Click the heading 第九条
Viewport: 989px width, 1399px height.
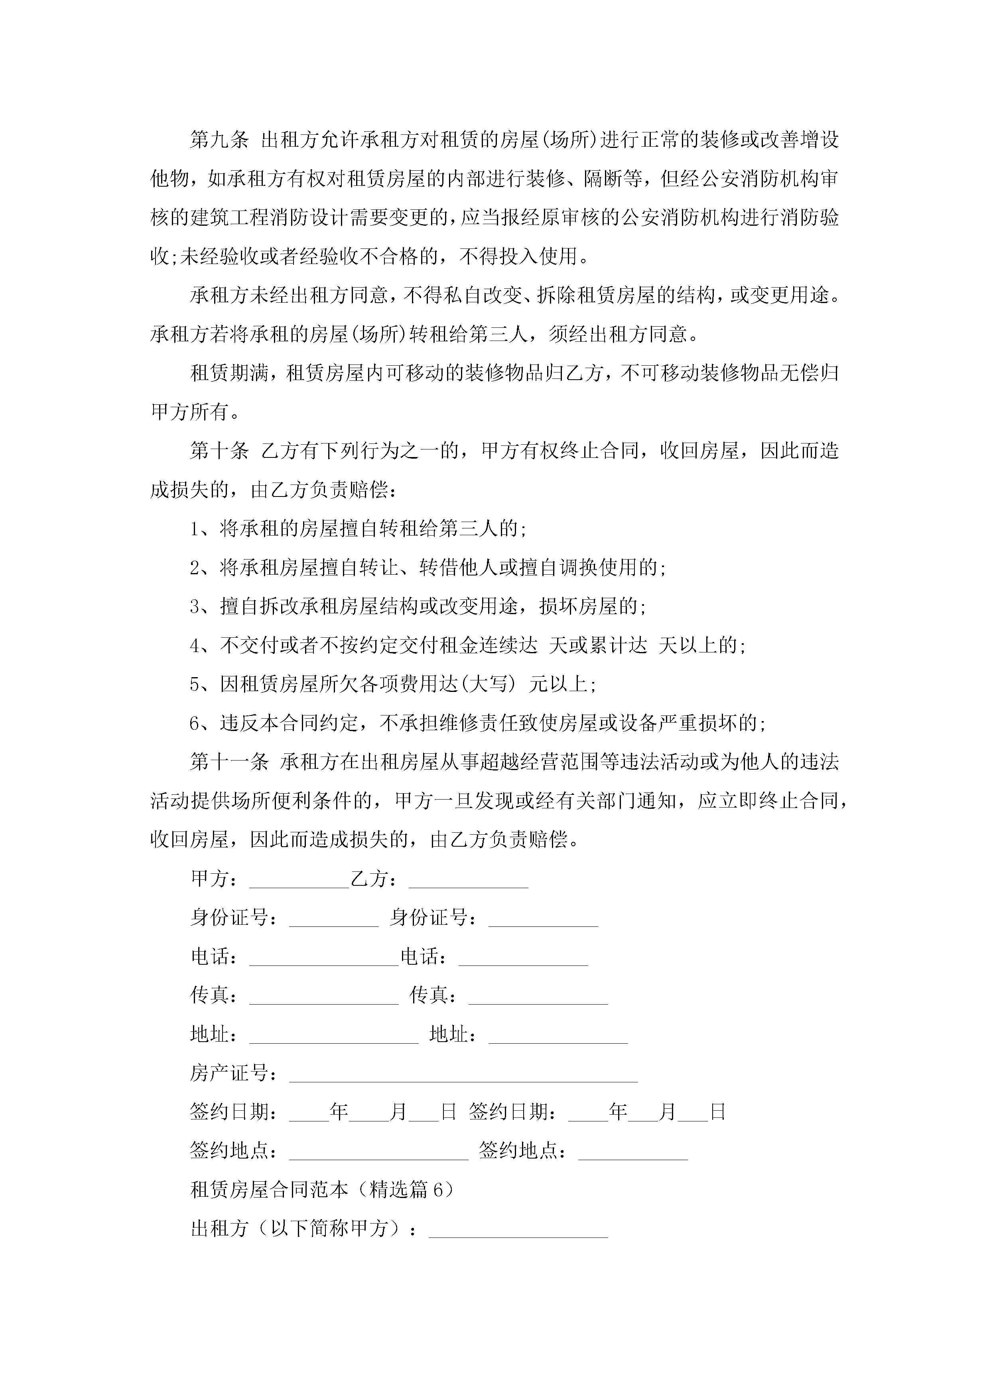click(219, 140)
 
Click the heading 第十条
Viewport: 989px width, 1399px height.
click(219, 451)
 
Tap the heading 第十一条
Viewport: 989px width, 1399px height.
click(229, 762)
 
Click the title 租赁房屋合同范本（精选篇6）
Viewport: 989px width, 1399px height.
click(322, 1189)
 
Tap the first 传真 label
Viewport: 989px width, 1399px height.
click(210, 995)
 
